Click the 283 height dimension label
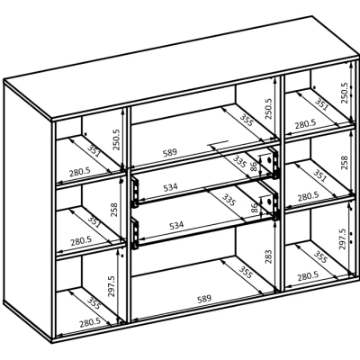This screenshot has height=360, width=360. tap(268, 256)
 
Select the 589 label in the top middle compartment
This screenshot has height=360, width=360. tap(170, 153)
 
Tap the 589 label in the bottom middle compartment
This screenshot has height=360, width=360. tap(204, 299)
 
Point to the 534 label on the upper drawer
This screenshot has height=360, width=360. tap(170, 187)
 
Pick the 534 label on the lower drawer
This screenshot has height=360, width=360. tap(176, 225)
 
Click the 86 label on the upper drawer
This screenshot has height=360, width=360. tap(254, 166)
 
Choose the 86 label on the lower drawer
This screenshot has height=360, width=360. tap(254, 208)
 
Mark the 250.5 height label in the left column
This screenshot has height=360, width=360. tap(116, 139)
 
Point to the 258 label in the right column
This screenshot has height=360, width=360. tap(344, 163)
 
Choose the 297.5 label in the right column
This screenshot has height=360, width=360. tap(342, 239)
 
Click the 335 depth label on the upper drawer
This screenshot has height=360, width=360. tap(239, 161)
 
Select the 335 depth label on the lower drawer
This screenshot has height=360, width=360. tap(229, 200)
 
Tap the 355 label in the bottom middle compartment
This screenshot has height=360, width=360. tap(246, 272)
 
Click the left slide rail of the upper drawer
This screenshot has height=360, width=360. tap(135, 192)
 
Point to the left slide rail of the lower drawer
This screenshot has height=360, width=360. tap(135, 234)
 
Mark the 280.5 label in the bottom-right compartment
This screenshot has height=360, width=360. tap(308, 276)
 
